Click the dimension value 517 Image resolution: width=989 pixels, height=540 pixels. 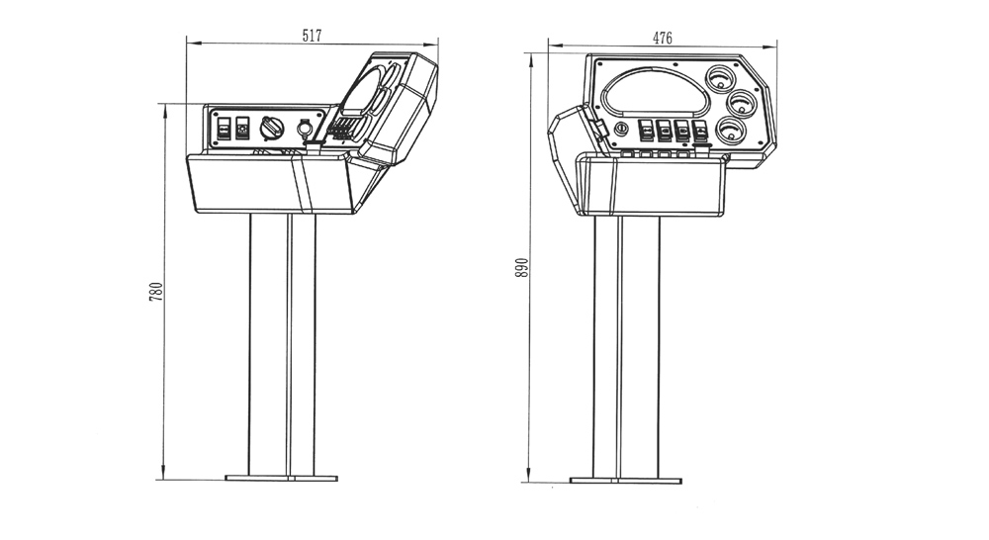click(x=312, y=36)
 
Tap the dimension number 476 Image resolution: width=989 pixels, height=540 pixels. click(x=663, y=38)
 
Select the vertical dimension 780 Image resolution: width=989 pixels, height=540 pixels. click(x=156, y=291)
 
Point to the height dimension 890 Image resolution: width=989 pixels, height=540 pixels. click(x=521, y=267)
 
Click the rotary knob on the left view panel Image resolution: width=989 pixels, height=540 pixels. click(x=272, y=128)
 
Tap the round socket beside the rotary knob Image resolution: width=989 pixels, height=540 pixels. click(x=305, y=128)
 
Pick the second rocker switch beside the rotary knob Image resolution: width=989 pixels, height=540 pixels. click(x=243, y=128)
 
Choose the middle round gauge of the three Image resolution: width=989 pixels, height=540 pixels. click(x=742, y=104)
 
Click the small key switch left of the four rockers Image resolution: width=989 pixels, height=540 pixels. click(x=621, y=129)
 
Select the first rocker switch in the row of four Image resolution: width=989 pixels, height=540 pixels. click(x=647, y=130)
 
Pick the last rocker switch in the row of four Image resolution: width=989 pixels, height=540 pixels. click(x=700, y=132)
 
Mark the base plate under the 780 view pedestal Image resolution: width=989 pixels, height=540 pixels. click(x=281, y=478)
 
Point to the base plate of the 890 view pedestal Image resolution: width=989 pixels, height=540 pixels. click(x=626, y=481)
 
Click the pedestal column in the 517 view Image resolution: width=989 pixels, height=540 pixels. click(x=282, y=344)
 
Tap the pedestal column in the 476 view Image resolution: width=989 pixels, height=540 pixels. click(x=626, y=347)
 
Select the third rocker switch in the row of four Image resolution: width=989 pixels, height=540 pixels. click(x=681, y=131)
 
